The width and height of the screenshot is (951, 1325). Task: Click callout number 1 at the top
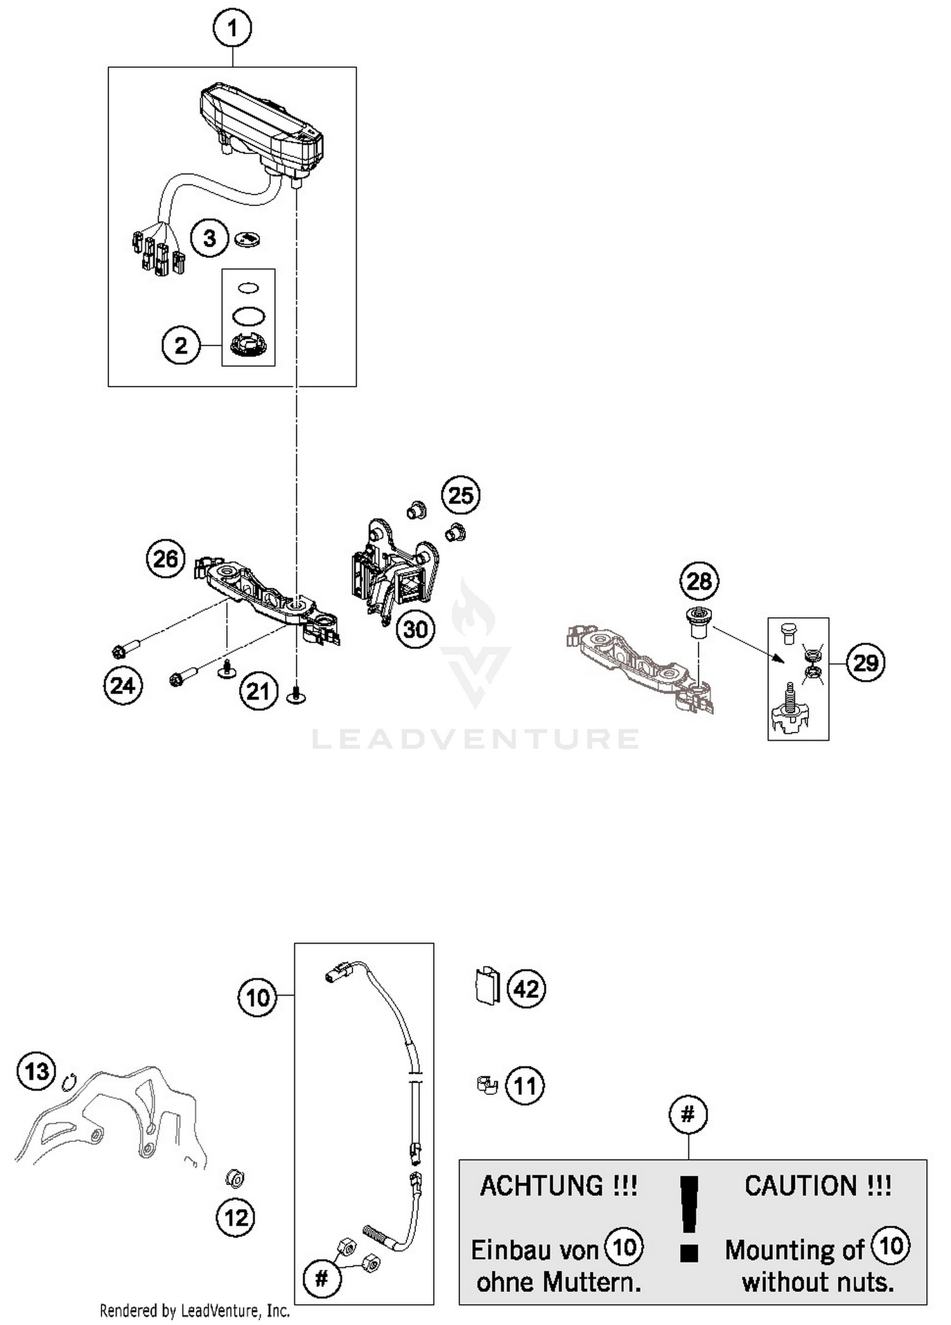(x=232, y=29)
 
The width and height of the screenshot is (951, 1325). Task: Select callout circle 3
(x=209, y=239)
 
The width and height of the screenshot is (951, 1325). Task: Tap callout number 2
(x=181, y=345)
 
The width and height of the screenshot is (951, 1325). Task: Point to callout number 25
(x=461, y=495)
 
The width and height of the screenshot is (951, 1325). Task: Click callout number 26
(x=166, y=559)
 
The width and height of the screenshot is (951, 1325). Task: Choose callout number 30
(x=415, y=629)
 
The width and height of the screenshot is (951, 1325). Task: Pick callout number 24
(x=123, y=686)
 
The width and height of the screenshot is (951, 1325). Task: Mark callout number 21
(x=259, y=691)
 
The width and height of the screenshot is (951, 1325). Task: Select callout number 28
(x=700, y=581)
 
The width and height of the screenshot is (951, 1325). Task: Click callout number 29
(x=865, y=663)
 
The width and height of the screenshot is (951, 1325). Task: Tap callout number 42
(x=526, y=989)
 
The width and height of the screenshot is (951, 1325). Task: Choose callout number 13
(x=37, y=1072)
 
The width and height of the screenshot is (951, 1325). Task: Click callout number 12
(x=236, y=1217)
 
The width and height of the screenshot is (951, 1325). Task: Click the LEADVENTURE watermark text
(x=475, y=739)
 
